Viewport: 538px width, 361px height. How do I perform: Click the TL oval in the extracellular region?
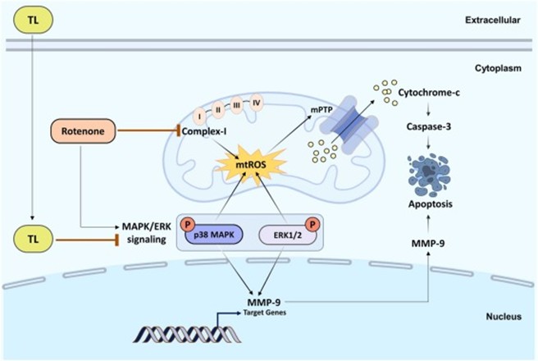33,17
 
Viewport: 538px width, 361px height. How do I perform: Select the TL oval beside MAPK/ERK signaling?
33,238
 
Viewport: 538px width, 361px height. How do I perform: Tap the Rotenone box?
84,130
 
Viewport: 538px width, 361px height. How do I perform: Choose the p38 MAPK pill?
214,235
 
